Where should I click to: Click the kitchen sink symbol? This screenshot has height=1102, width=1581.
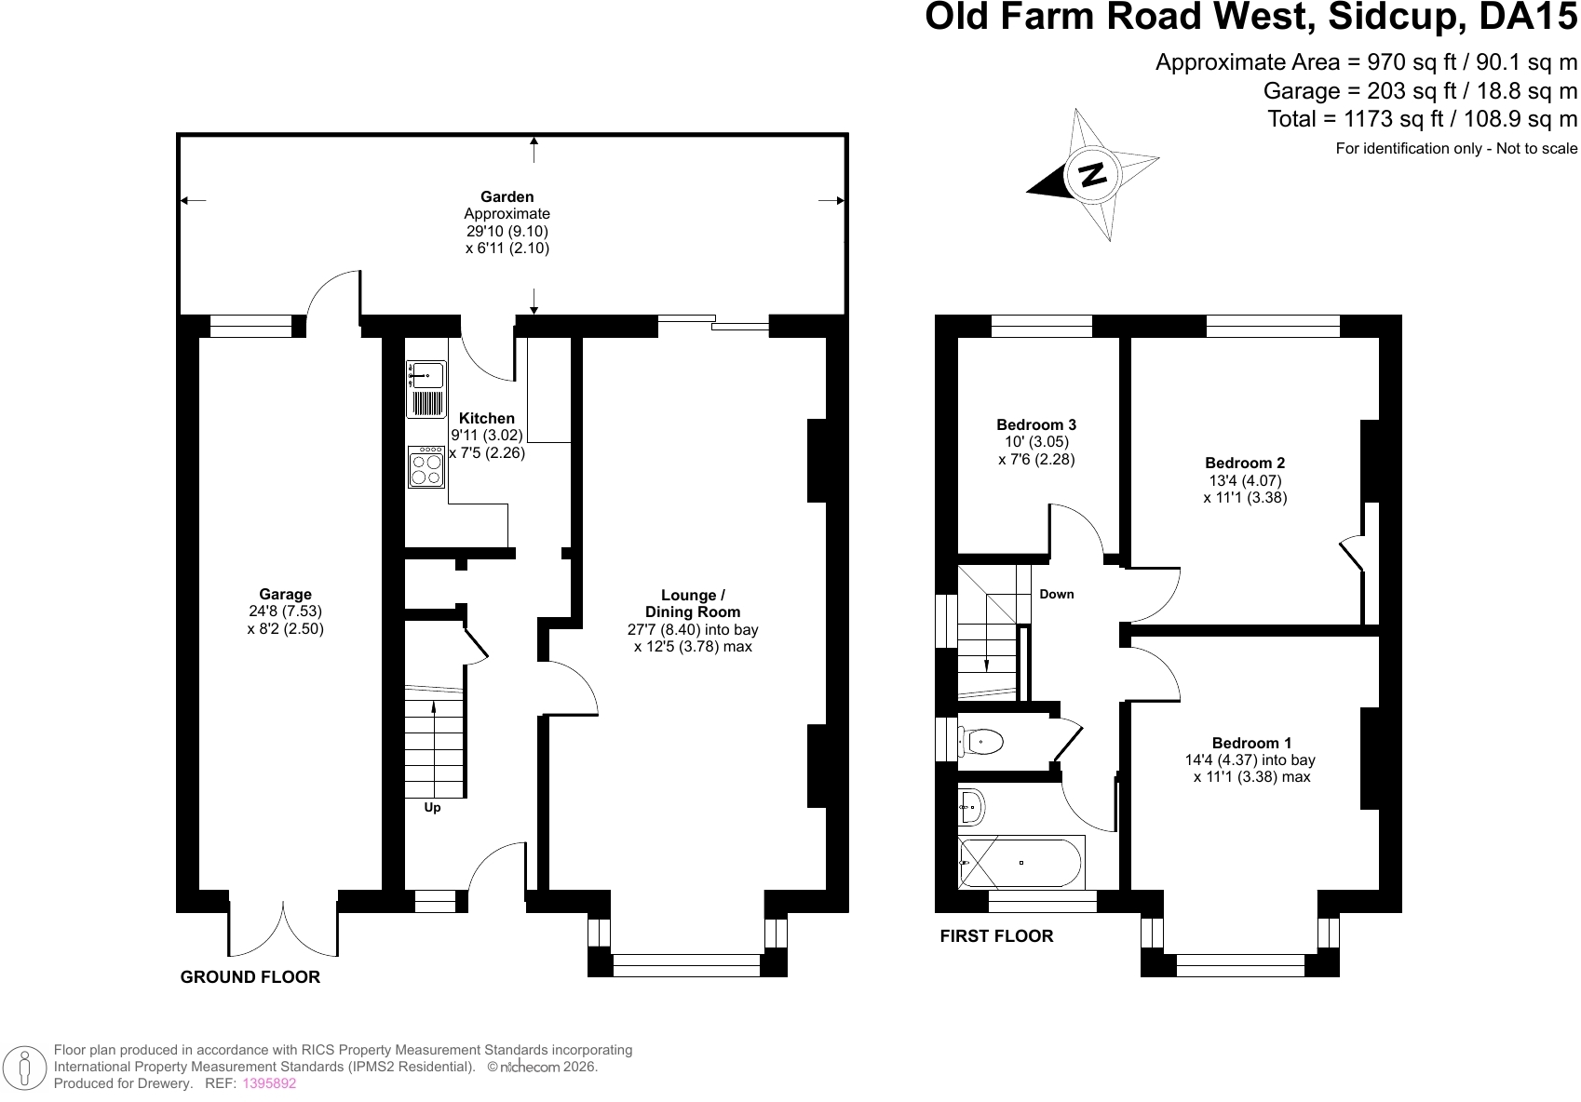[x=426, y=388]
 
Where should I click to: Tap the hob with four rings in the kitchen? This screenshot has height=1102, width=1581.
[x=426, y=466]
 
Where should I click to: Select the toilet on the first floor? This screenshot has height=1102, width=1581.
[x=981, y=742]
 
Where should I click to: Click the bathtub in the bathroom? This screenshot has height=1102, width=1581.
[x=1020, y=863]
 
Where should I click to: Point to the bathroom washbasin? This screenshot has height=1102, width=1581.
[x=972, y=806]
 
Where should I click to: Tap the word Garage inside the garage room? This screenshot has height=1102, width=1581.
[x=285, y=594]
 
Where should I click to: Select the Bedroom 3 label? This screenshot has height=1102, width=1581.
[x=1036, y=424]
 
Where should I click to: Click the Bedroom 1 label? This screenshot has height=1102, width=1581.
[x=1251, y=743]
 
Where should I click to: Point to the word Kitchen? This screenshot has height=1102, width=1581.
[x=486, y=418]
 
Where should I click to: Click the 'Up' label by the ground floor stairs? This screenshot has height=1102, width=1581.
[x=432, y=808]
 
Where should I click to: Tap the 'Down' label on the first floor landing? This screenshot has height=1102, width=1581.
[x=1057, y=594]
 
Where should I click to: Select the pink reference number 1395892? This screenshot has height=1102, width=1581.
[x=270, y=1083]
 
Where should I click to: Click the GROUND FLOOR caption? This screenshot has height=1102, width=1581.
[x=250, y=977]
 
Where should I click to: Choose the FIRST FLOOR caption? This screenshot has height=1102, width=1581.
[x=996, y=936]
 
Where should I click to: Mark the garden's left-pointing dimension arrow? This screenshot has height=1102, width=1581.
[x=194, y=200]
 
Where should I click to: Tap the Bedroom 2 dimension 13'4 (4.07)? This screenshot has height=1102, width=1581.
[x=1245, y=480]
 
